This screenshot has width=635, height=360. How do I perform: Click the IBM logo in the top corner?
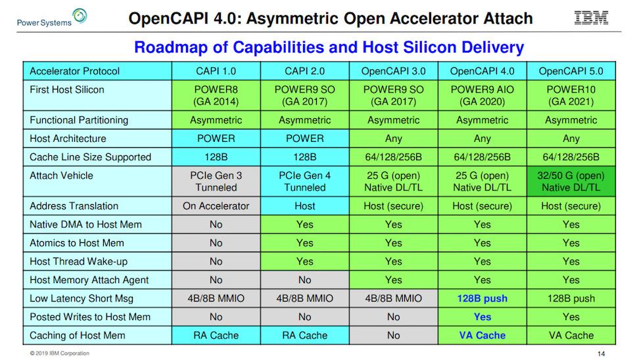pyautogui.click(x=591, y=18)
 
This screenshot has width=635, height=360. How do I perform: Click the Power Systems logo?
pyautogui.click(x=52, y=18)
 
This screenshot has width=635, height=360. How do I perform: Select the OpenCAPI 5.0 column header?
pyautogui.click(x=571, y=71)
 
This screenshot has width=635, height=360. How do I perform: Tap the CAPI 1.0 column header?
pyautogui.click(x=216, y=71)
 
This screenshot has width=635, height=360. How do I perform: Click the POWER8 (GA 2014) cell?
pyautogui.click(x=216, y=95)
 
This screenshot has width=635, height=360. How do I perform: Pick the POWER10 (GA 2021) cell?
pyautogui.click(x=571, y=95)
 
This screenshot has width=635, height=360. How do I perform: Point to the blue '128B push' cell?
pyautogui.click(x=482, y=298)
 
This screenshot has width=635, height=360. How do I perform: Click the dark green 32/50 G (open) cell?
pyautogui.click(x=571, y=181)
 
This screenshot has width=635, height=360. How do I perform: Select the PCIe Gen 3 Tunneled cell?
pyautogui.click(x=216, y=181)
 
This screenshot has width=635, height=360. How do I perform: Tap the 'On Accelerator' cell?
pyautogui.click(x=216, y=206)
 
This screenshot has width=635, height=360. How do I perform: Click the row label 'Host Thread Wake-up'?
pyautogui.click(x=79, y=261)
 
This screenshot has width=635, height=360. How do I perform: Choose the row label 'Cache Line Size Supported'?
pyautogui.click(x=90, y=158)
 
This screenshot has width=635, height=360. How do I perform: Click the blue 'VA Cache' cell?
pyautogui.click(x=482, y=335)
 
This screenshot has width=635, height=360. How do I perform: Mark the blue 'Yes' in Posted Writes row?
pyautogui.click(x=482, y=317)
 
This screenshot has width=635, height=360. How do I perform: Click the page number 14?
pyautogui.click(x=601, y=353)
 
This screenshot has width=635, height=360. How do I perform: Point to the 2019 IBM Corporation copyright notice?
pyautogui.click(x=60, y=353)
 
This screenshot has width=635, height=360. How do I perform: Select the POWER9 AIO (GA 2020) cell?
pyautogui.click(x=482, y=95)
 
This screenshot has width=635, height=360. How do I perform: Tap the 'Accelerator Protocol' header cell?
pyautogui.click(x=97, y=71)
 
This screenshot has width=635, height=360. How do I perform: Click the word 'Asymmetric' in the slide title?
pyautogui.click(x=292, y=18)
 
